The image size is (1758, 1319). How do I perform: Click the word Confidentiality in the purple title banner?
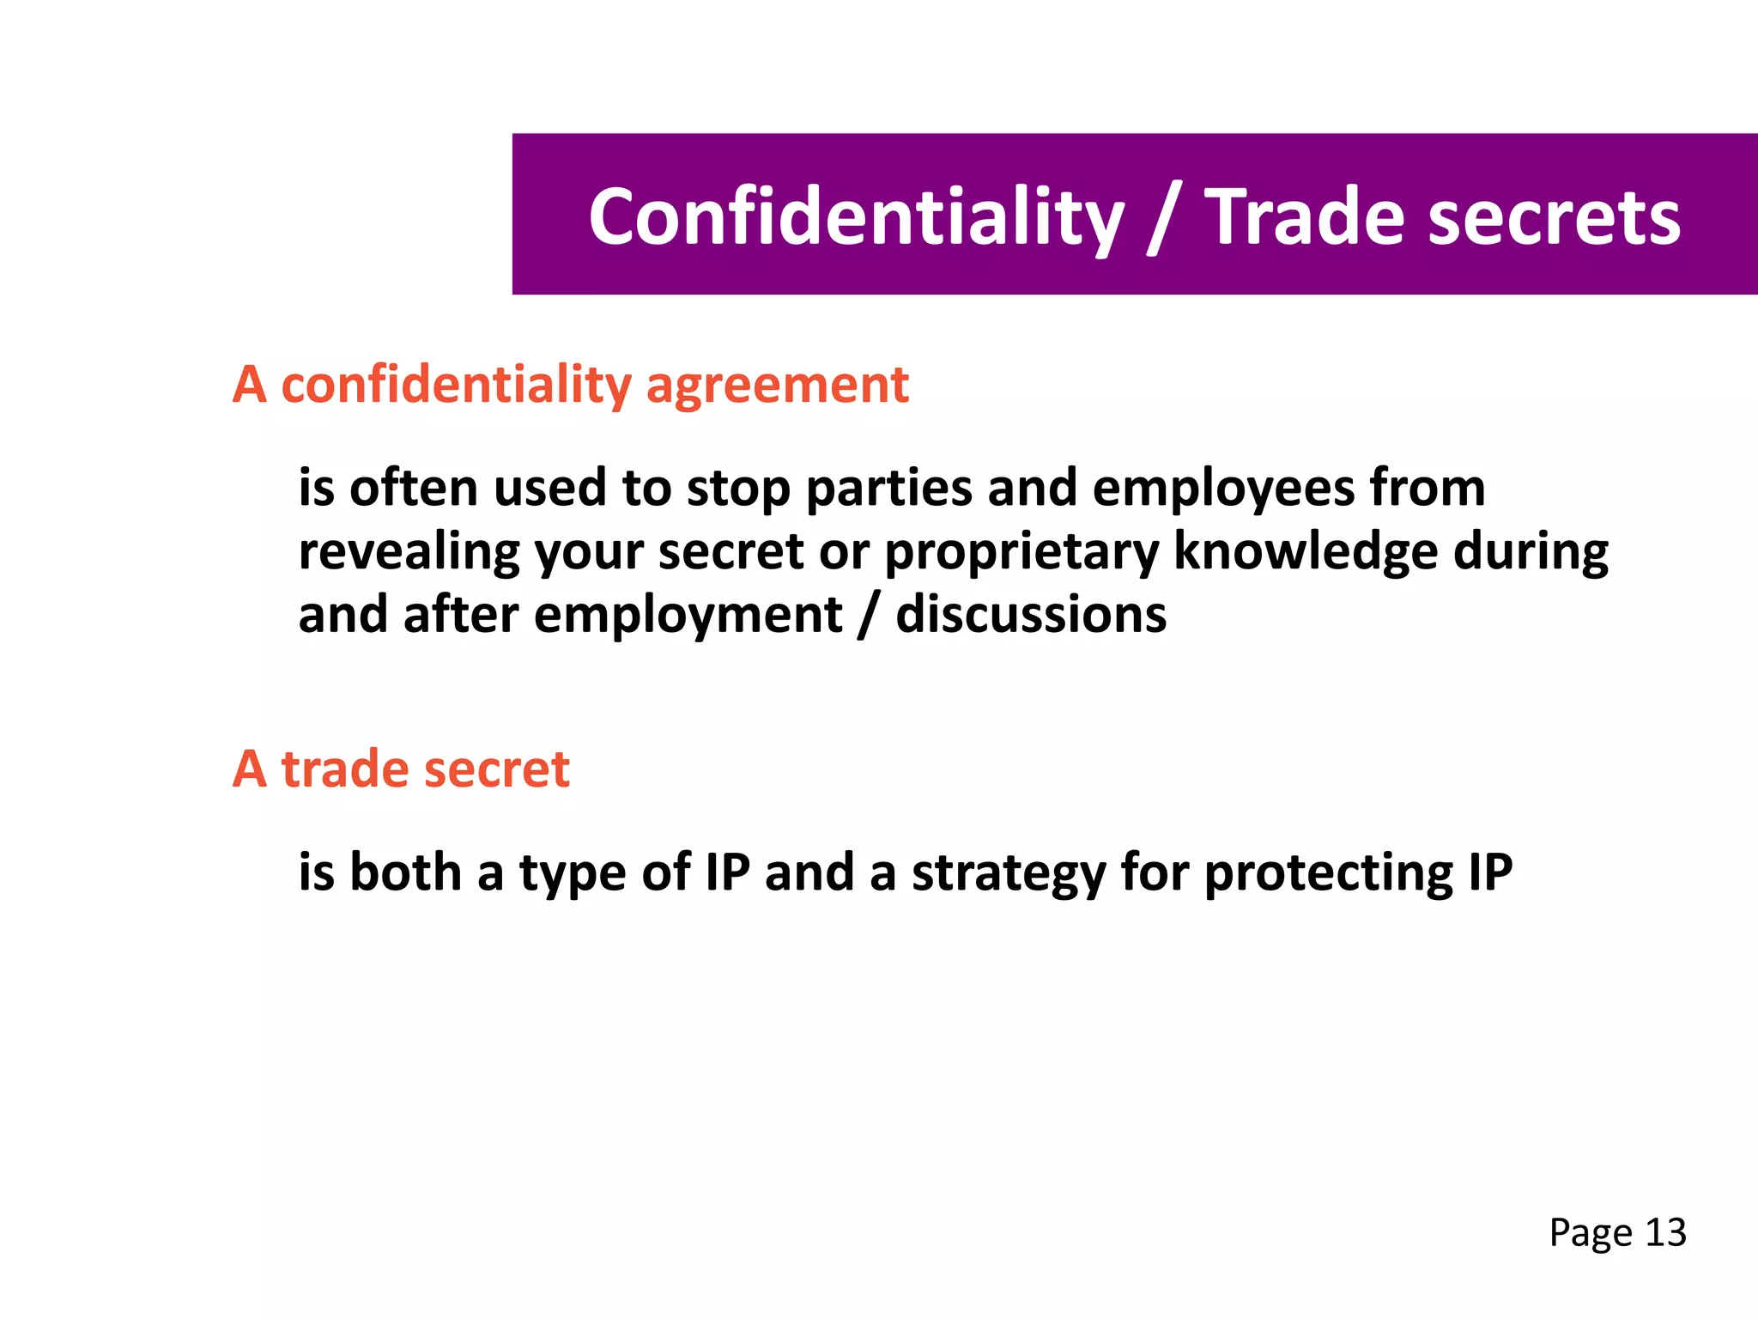pos(856,218)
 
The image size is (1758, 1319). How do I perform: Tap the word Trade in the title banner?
pos(1303,218)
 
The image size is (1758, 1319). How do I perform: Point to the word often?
pos(413,488)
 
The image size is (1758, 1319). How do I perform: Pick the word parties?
pos(888,489)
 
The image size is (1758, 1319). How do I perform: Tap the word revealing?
pos(409,552)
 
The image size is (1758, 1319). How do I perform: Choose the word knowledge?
pos(1306,552)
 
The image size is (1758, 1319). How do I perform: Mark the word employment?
pos(688,617)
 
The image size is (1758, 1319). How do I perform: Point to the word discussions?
pos(1031,615)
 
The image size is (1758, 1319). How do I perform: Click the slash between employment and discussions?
pos(869,617)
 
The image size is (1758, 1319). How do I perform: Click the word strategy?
pos(1009,874)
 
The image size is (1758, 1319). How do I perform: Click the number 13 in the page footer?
pos(1665,1232)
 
